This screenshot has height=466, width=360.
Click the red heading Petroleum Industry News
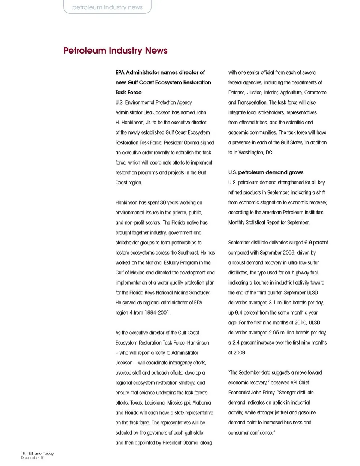click(x=115, y=51)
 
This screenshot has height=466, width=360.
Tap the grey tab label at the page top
click(x=107, y=7)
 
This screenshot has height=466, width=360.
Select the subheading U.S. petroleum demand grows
click(x=265, y=172)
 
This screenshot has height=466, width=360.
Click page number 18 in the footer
click(x=23, y=453)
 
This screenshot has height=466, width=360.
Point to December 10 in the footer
click(x=33, y=457)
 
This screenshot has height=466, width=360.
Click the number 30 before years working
click(x=163, y=202)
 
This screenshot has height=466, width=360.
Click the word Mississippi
click(x=178, y=403)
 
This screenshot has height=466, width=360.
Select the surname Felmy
click(x=268, y=393)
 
